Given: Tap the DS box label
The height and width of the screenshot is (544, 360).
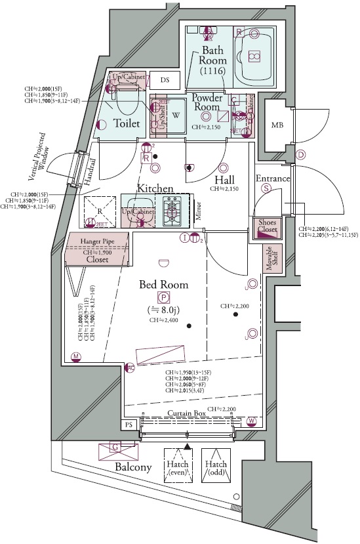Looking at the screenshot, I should pyautogui.click(x=165, y=80).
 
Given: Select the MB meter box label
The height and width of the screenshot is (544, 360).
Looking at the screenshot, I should pyautogui.click(x=278, y=125).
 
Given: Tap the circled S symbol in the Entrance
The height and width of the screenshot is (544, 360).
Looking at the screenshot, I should pyautogui.click(x=266, y=188).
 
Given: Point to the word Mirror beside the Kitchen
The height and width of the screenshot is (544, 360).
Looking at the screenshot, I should pyautogui.click(x=197, y=210).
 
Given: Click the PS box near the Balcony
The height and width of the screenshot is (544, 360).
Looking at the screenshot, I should pyautogui.click(x=129, y=425).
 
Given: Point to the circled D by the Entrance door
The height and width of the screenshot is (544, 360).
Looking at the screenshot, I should pyautogui.click(x=301, y=156).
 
